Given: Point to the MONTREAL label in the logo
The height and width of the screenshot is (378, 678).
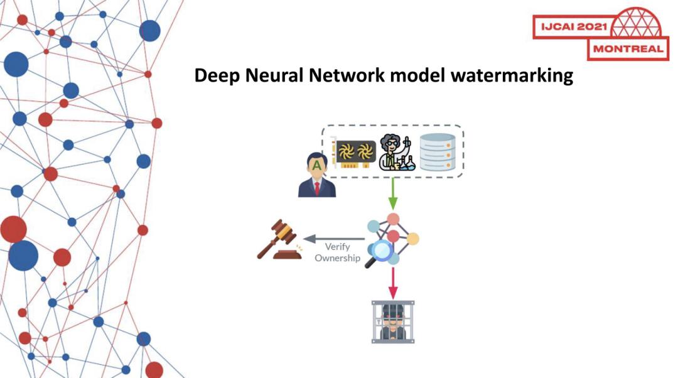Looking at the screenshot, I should [628, 49].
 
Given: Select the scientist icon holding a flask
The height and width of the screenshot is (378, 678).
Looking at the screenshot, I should [395, 153].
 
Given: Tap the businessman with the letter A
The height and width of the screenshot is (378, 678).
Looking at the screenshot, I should [317, 175].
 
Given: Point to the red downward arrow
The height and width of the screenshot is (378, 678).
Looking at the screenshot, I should [393, 283].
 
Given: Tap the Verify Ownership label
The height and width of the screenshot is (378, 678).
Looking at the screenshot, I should [337, 252].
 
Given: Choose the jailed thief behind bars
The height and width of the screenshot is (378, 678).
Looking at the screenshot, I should [393, 321].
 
